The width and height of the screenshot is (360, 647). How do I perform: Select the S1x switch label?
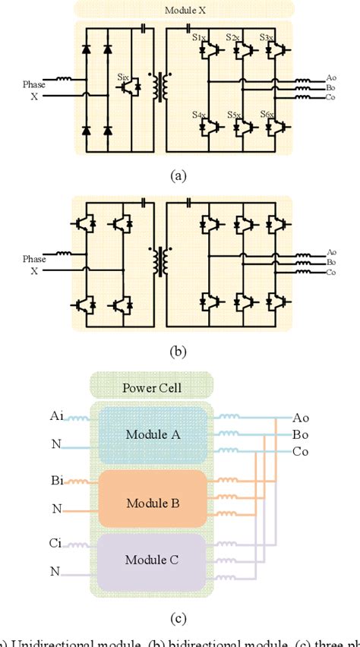[199, 36]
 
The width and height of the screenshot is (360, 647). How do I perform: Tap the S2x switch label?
[235, 36]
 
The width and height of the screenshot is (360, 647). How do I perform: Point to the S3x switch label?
[267, 36]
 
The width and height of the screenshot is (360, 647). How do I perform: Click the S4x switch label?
[199, 114]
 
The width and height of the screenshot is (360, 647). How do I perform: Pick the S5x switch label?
[235, 114]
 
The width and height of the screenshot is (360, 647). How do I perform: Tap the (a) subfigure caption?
[179, 175]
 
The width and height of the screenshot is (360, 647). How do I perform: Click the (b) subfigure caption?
[179, 351]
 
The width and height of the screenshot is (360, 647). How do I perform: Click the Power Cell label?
[153, 390]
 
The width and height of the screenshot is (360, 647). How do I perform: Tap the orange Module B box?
[153, 503]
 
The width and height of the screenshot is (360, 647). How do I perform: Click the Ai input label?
[57, 415]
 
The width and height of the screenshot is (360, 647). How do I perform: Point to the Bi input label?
[57, 481]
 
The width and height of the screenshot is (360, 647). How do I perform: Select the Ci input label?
[57, 543]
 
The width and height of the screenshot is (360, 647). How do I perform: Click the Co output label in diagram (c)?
[302, 452]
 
